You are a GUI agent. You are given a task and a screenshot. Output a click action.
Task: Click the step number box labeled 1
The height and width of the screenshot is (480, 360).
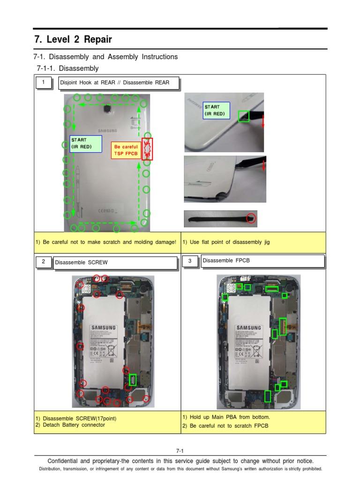[44, 83]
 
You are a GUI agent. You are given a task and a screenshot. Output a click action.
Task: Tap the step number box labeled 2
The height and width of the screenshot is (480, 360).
[44, 262]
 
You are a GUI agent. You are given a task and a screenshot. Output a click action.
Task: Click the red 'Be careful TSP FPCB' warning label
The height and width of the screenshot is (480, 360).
[126, 150]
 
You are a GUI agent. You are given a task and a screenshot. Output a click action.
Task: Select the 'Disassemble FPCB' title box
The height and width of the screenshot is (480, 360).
[262, 261]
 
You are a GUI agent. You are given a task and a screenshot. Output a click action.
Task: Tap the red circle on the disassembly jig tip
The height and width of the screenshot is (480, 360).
[252, 217]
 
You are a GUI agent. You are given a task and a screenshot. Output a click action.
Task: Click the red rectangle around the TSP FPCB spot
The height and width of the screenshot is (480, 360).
[147, 149]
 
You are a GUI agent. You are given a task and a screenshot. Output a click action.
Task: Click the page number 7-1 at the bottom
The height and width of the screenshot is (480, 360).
[180, 450]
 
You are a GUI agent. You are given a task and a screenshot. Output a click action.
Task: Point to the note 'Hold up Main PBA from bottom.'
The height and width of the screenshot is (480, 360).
[226, 417]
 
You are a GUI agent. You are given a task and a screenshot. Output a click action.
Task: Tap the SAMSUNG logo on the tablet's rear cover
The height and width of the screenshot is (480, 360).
[107, 131]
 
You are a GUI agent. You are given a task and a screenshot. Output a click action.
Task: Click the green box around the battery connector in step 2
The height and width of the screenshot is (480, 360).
[133, 380]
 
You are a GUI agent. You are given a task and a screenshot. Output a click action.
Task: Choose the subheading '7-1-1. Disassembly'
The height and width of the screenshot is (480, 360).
[67, 68]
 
